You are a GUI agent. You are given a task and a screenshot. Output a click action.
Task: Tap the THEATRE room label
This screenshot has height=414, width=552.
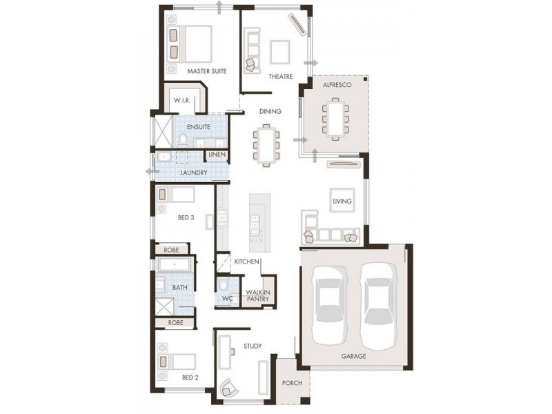[281, 77]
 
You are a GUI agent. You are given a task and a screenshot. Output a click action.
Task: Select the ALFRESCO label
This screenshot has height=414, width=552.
[337, 84]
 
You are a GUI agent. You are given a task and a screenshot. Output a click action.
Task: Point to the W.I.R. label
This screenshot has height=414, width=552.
[182, 101]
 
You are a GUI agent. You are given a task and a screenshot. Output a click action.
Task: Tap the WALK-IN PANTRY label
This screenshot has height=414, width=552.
[258, 296]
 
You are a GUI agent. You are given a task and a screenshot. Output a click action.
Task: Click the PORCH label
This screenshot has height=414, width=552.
[292, 383]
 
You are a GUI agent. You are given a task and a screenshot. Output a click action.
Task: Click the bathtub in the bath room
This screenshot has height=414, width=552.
[175, 265]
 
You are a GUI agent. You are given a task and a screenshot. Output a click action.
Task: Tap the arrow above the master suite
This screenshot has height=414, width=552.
[219, 7]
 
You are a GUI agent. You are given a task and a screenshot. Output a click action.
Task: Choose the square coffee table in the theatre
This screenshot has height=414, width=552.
[281, 51]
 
